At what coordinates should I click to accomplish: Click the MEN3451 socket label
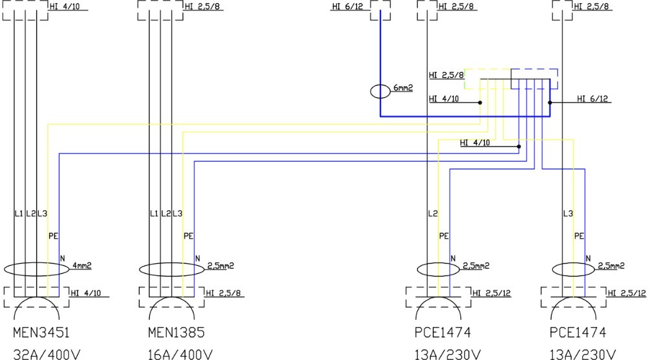(x=41, y=333)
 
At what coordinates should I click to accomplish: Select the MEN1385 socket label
(x=177, y=333)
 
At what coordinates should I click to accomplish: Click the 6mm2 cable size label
(x=404, y=87)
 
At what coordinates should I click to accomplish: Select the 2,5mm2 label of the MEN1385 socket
(x=220, y=265)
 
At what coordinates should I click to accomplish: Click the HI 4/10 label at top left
(x=66, y=7)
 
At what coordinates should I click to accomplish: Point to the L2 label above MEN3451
(x=30, y=213)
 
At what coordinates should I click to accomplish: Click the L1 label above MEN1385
(x=154, y=213)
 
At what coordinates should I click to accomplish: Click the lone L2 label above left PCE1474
(x=433, y=213)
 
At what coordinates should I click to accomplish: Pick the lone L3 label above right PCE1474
(x=569, y=213)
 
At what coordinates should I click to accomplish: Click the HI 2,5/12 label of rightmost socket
(x=627, y=293)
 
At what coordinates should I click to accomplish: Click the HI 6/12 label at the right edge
(x=593, y=99)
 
